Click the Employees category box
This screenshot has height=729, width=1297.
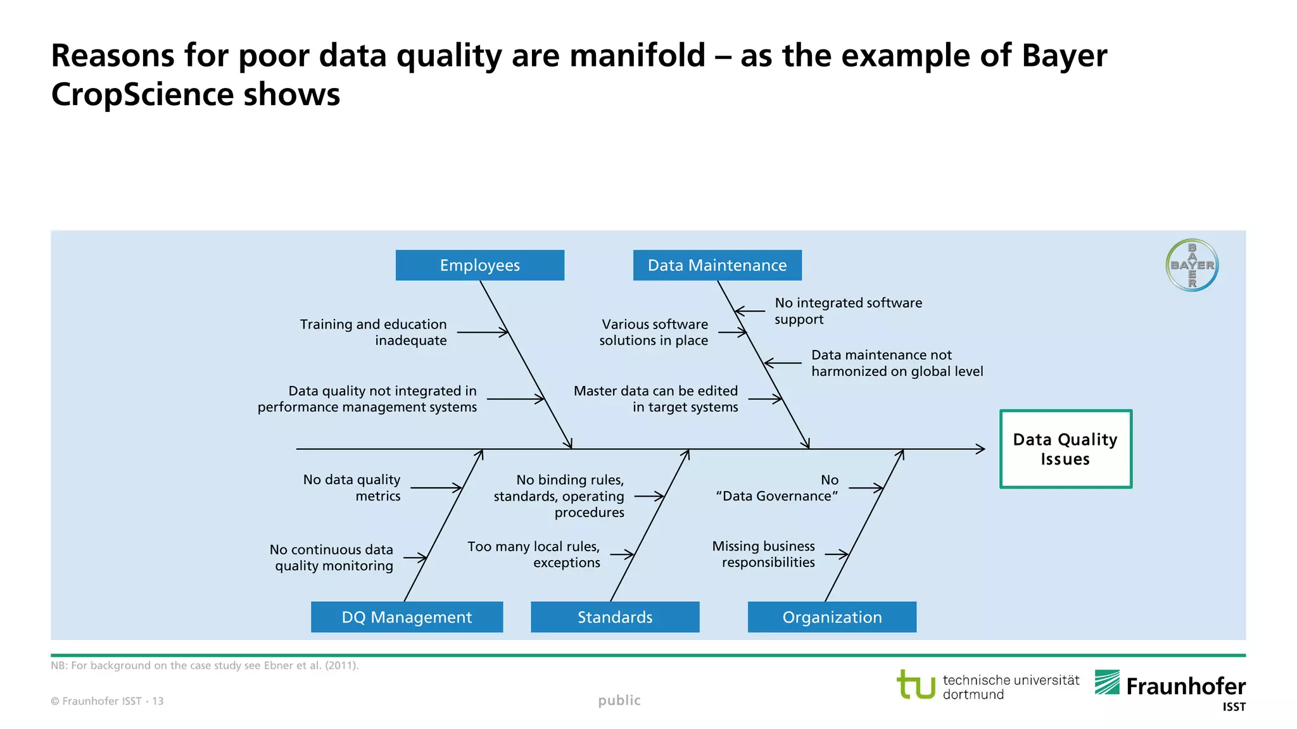pyautogui.click(x=479, y=265)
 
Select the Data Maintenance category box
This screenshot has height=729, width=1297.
pyautogui.click(x=717, y=265)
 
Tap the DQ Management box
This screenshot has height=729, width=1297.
pyautogui.click(x=407, y=617)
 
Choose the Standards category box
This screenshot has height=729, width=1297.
pyautogui.click(x=615, y=617)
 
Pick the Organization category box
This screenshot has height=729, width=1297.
pyautogui.click(x=832, y=617)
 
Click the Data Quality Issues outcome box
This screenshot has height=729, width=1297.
pyautogui.click(x=1065, y=449)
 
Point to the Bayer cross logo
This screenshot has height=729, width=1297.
pyautogui.click(x=1192, y=265)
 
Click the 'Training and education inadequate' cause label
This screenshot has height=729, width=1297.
pyautogui.click(x=374, y=332)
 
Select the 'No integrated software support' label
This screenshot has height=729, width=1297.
pyautogui.click(x=847, y=311)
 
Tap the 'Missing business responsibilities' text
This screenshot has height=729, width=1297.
pyautogui.click(x=764, y=554)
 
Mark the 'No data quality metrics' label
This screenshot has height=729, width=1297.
pyautogui.click(x=352, y=487)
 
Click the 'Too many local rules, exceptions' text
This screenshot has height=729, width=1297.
pyautogui.click(x=534, y=554)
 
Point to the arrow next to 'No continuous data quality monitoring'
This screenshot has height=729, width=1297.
pyautogui.click(x=415, y=558)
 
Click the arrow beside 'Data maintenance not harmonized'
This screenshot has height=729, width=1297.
pyautogui.click(x=783, y=363)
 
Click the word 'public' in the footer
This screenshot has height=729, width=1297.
pyautogui.click(x=619, y=700)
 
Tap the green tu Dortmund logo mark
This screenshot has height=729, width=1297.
pyautogui.click(x=916, y=685)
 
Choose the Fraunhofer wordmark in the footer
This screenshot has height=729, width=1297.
pyautogui.click(x=1185, y=687)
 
